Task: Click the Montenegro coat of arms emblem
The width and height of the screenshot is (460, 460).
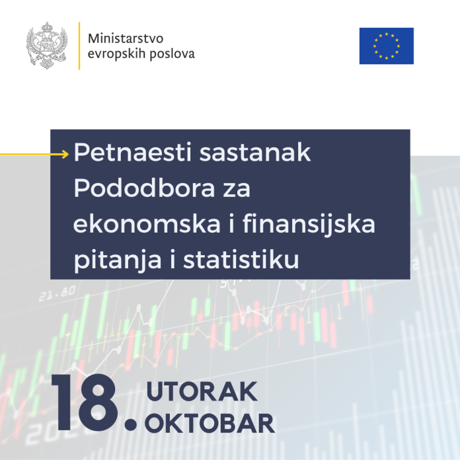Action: pyautogui.click(x=47, y=46)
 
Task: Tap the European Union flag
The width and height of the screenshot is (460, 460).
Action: pyautogui.click(x=387, y=46)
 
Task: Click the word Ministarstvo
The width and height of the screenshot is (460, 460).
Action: pyautogui.click(x=126, y=38)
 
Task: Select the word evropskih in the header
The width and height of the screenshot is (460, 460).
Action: pyautogui.click(x=116, y=54)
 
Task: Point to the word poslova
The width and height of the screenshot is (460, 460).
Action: pyautogui.click(x=172, y=54)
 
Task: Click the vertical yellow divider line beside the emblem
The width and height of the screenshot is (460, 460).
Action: pyautogui.click(x=79, y=46)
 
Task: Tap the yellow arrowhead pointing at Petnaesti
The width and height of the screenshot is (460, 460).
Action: pyautogui.click(x=65, y=154)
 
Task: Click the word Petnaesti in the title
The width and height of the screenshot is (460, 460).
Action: pyautogui.click(x=133, y=152)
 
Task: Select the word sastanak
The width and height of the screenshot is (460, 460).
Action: pyautogui.click(x=255, y=153)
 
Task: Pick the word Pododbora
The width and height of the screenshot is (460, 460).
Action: pyautogui.click(x=144, y=188)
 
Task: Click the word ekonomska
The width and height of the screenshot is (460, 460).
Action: pyautogui.click(x=147, y=223)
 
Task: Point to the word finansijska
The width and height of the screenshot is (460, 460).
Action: pyautogui.click(x=309, y=225)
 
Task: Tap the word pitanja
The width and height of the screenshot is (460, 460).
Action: pyautogui.click(x=118, y=260)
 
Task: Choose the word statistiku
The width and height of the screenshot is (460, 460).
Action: pyautogui.click(x=241, y=259)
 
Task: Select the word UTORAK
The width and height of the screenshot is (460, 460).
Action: pyautogui.click(x=202, y=391)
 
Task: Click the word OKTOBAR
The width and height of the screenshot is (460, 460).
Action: pyautogui.click(x=210, y=424)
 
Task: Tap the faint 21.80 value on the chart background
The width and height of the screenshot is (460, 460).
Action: pyautogui.click(x=57, y=293)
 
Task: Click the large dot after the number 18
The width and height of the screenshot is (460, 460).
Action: pyautogui.click(x=131, y=424)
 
